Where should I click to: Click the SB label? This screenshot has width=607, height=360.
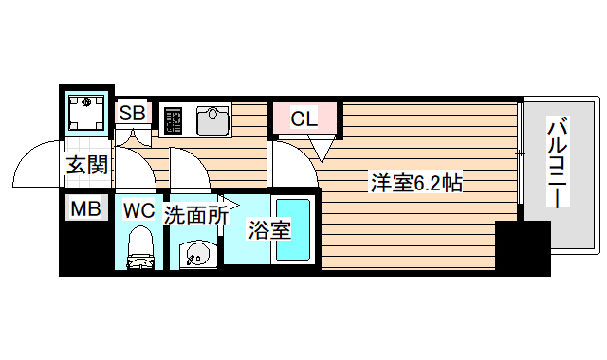tap(133, 114)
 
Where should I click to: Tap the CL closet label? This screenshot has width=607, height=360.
tap(303, 118)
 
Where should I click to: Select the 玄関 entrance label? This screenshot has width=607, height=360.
tap(86, 164)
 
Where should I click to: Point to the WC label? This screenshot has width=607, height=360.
tap(138, 209)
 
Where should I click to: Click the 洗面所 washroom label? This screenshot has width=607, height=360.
tap(196, 215)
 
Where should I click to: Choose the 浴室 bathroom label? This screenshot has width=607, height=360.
tap(269, 229)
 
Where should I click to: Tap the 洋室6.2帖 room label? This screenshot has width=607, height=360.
tap(416, 184)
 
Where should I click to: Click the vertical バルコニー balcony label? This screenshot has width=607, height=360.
tap(559, 161)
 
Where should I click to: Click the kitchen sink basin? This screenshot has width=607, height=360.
tap(214, 120)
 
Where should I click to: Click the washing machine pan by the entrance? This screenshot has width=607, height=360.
tap(87, 112)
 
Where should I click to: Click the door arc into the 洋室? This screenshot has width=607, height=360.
tap(294, 161)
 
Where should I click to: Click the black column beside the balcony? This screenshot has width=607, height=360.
tap(523, 248)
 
